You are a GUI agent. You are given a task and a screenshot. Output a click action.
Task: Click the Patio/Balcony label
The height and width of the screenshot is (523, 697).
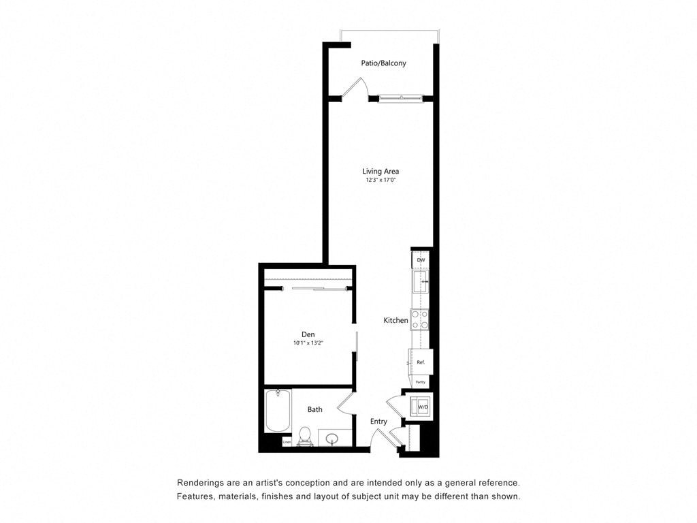383,63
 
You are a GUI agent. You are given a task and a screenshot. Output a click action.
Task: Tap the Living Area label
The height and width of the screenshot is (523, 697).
380,171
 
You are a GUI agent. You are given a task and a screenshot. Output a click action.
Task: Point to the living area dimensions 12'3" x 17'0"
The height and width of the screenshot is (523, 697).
380,180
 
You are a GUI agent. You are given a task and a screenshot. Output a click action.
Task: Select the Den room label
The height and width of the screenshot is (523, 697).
308,334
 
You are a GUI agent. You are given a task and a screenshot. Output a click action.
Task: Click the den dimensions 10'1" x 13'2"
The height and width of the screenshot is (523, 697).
308,343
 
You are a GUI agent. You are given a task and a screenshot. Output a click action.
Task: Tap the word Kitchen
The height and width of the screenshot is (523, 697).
395,320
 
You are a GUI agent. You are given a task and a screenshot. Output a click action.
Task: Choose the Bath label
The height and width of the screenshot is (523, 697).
314,409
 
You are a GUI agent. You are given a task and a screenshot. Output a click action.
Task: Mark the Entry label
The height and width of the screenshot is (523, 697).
378,422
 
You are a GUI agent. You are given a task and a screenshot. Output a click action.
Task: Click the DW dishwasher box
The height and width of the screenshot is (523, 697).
421,260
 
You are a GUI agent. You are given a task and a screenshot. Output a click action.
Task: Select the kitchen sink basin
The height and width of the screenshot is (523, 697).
421,281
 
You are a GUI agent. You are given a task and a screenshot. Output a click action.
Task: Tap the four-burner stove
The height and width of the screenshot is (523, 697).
419,319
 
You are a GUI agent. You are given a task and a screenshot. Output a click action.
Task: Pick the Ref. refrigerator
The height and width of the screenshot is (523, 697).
420,362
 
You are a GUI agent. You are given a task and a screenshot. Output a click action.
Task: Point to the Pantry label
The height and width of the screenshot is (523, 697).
420,382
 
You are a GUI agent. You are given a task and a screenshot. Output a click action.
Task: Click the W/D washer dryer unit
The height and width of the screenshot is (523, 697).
421,407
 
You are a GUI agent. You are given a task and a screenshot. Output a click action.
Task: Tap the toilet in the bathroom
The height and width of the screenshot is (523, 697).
305,436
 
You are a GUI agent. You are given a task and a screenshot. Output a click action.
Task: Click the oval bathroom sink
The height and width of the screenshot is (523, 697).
333,439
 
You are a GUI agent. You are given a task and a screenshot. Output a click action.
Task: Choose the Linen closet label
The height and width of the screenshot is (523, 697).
287,442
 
